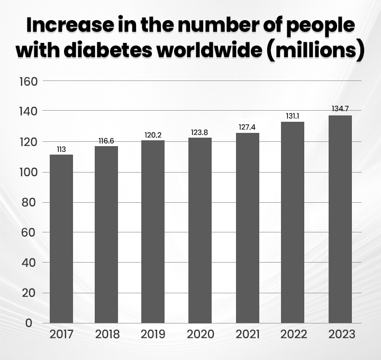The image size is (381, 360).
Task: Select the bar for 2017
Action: [61, 238]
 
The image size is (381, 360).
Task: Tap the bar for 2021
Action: [248, 228]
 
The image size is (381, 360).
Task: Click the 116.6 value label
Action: [106, 141]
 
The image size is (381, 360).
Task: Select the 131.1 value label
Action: [293, 116]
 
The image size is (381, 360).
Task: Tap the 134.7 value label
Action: [340, 109]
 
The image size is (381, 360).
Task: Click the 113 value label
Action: [61, 149]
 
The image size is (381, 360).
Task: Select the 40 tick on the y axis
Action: [29, 263]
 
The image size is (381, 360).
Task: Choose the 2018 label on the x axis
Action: [107, 335]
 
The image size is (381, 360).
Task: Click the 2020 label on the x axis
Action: [200, 335]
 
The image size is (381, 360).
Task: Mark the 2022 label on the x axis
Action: [294, 335]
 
